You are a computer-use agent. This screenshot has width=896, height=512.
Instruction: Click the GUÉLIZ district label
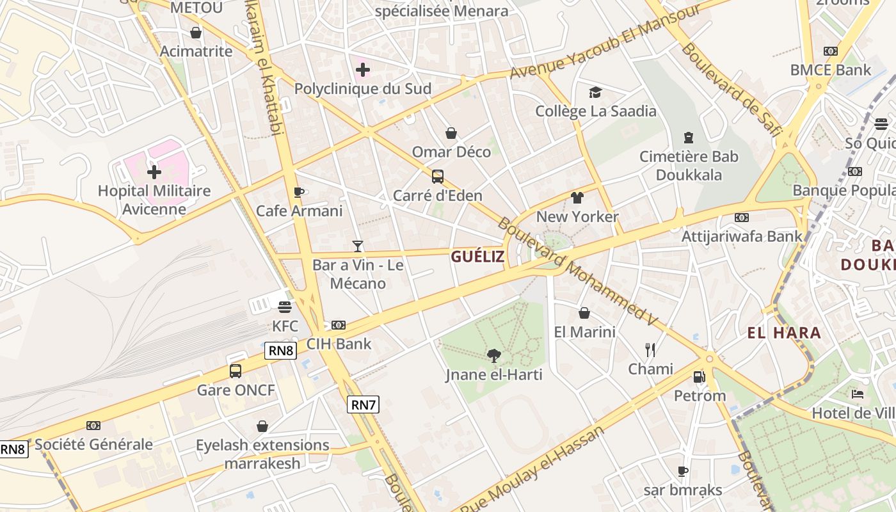pyautogui.click(x=477, y=257)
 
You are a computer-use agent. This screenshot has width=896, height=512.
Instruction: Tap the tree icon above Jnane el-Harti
pyautogui.click(x=493, y=355)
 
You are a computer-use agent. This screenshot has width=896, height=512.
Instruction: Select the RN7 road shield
pyautogui.click(x=364, y=404)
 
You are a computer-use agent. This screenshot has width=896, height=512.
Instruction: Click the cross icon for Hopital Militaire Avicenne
pyautogui.click(x=154, y=172)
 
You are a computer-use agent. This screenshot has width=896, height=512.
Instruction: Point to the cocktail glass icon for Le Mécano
pyautogui.click(x=358, y=246)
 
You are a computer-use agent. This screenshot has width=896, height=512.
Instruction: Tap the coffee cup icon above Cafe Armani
pyautogui.click(x=298, y=192)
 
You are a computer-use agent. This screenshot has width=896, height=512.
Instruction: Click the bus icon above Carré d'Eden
pyautogui.click(x=438, y=177)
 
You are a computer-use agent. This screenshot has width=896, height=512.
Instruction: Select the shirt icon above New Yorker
pyautogui.click(x=577, y=198)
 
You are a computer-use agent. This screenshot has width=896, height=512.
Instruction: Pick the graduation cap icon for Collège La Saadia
pyautogui.click(x=596, y=92)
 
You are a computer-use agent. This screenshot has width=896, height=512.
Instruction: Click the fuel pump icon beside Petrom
pyautogui.click(x=700, y=377)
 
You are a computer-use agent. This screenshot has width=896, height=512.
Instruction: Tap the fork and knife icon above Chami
pyautogui.click(x=650, y=349)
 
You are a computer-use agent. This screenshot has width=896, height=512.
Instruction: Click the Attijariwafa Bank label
pyautogui.click(x=742, y=236)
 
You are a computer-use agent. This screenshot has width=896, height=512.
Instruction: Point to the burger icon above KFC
pyautogui.click(x=285, y=307)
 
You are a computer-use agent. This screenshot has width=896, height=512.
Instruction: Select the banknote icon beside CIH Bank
pyautogui.click(x=339, y=325)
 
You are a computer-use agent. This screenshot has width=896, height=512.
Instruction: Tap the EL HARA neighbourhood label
pyautogui.click(x=784, y=333)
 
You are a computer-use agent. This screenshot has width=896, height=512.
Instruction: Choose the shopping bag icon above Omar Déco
pyautogui.click(x=451, y=133)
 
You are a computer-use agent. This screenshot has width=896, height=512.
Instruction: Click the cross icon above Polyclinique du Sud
pyautogui.click(x=363, y=69)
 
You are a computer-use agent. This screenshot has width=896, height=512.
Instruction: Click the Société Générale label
pyautogui.click(x=93, y=444)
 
